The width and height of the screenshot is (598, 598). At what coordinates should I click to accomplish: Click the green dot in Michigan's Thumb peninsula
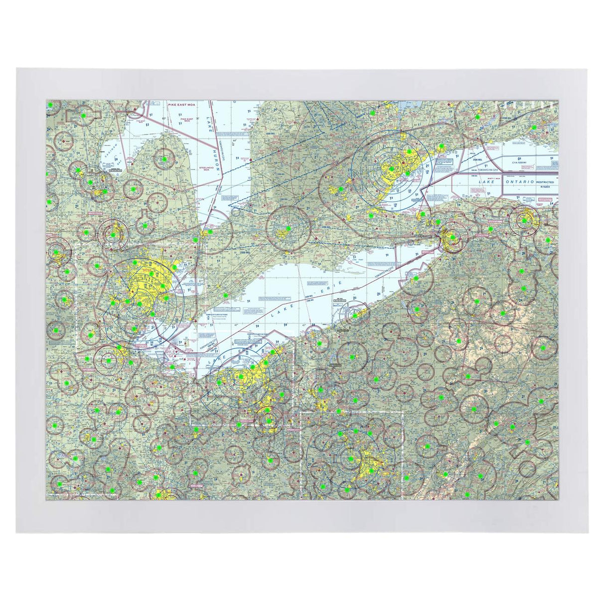[x=164, y=159]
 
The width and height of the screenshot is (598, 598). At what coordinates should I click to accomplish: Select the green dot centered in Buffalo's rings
[x=452, y=237]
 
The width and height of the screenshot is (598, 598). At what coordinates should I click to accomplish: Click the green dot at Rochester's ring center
[x=524, y=220]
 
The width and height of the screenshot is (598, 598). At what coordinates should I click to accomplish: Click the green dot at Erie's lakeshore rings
[x=355, y=316]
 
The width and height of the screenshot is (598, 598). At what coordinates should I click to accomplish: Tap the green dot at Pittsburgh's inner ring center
[x=351, y=458]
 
